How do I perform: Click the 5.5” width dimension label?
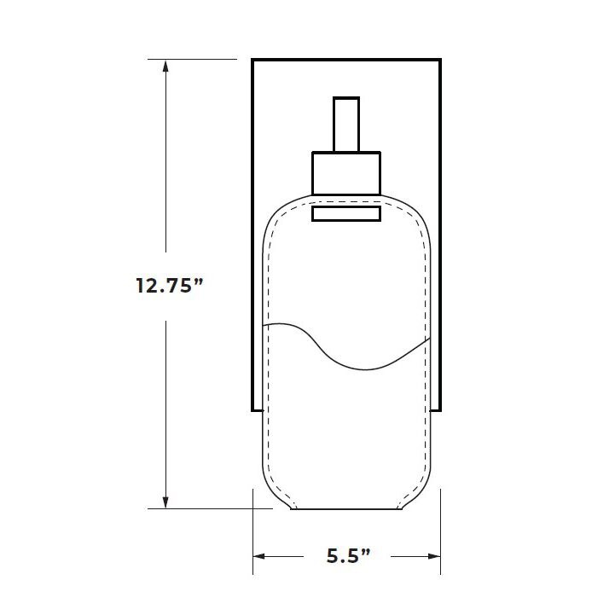349,556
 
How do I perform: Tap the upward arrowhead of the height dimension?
165,66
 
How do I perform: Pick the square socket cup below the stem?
345,173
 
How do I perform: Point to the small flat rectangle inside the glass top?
345,213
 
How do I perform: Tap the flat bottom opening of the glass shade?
345,509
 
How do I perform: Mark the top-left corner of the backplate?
252,60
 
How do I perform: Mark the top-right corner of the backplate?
440,60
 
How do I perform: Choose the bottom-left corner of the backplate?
252,410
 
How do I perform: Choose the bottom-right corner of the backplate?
440,410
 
